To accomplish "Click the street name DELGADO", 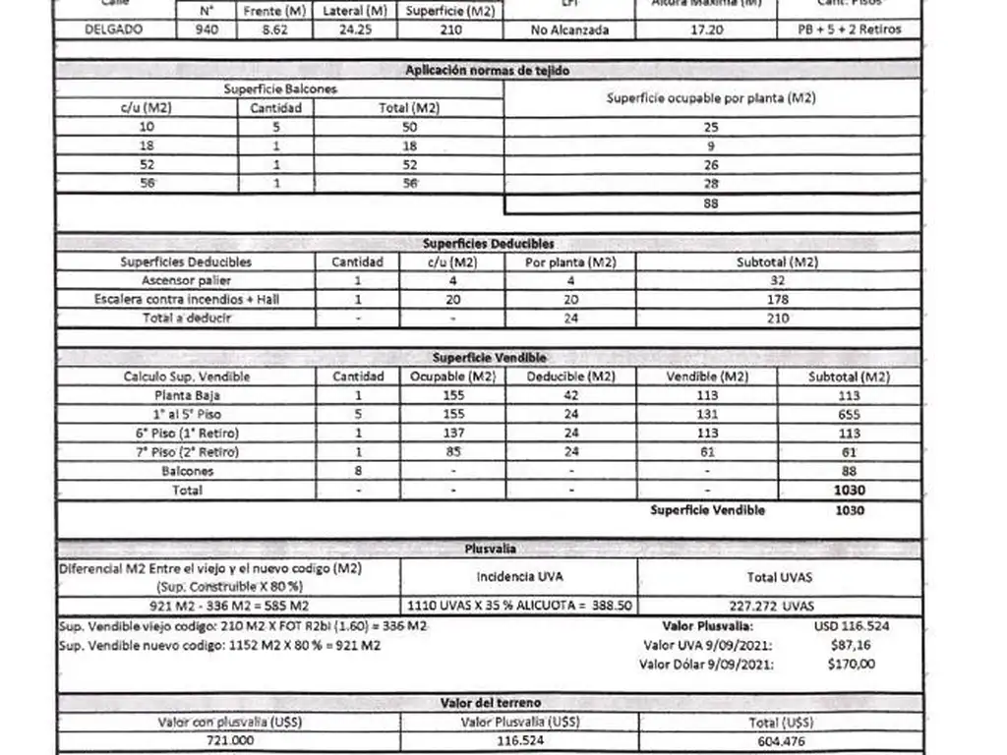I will (x=112, y=29).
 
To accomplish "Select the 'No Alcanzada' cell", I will (x=569, y=30).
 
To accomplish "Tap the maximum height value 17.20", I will (x=707, y=30).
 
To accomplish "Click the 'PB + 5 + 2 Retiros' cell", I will (x=850, y=30).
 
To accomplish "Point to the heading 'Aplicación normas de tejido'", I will (x=487, y=71).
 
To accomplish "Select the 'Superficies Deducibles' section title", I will (x=489, y=244).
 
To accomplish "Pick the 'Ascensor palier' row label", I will (x=187, y=280).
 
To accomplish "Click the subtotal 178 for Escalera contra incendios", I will (x=778, y=299).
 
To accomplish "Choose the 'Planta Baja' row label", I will (x=187, y=395).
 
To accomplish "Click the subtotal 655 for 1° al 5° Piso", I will (x=850, y=415).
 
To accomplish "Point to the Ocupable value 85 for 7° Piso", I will (x=454, y=452).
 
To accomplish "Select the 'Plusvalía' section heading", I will (x=490, y=549).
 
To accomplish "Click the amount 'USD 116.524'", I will (x=852, y=625).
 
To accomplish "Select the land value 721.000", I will (x=228, y=740).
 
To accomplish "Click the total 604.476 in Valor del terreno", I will (x=778, y=740).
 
